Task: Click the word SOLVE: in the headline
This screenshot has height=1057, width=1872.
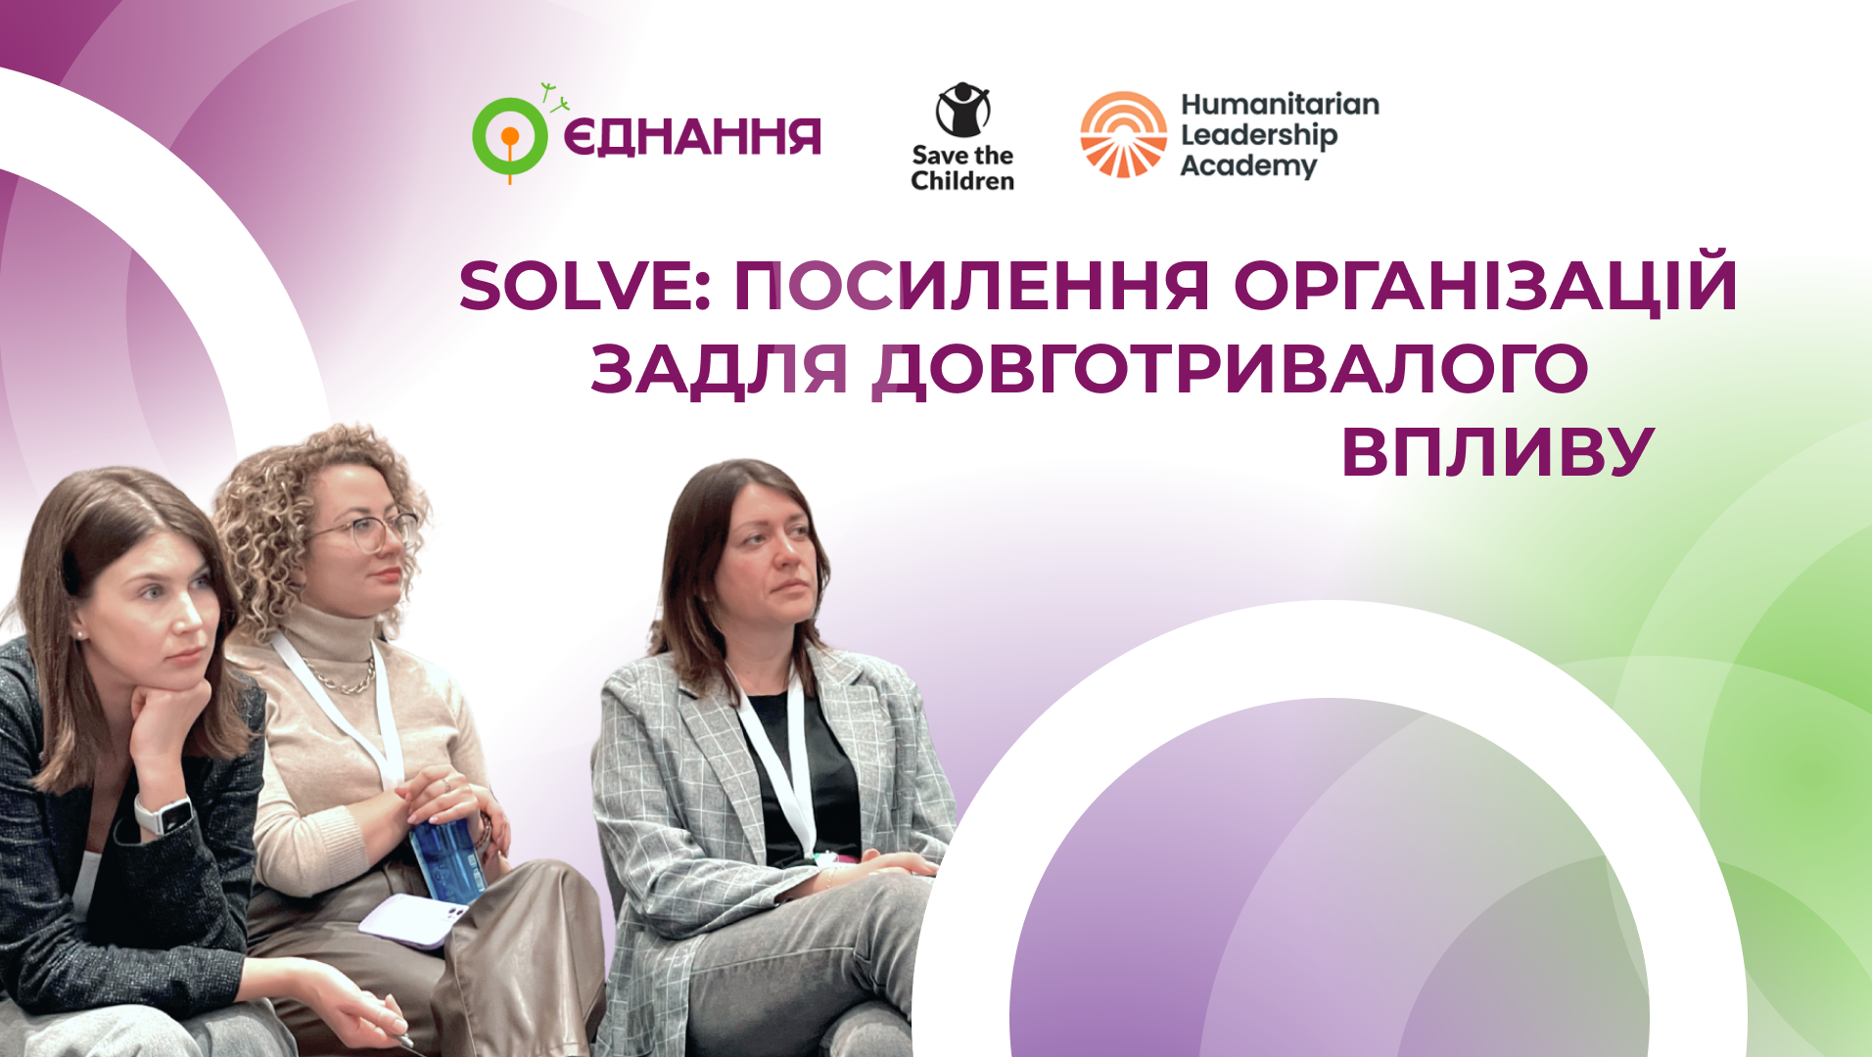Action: (585, 286)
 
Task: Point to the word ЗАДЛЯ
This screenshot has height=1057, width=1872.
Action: (719, 371)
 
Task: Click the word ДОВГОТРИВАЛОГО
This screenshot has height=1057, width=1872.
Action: (1231, 371)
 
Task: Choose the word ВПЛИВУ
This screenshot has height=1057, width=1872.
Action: (1497, 452)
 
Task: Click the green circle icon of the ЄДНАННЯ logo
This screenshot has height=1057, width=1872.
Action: (509, 137)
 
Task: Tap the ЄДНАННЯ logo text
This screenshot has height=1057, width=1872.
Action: (692, 137)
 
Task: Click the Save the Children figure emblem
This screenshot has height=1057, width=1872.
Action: (962, 110)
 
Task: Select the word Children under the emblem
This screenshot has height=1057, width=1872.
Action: (962, 181)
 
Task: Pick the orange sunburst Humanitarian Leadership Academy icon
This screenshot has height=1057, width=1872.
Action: (1124, 135)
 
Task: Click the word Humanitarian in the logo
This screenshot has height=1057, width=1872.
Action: (1280, 104)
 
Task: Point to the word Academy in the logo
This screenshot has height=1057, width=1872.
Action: (1248, 166)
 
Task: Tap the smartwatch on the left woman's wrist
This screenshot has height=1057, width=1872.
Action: (164, 814)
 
